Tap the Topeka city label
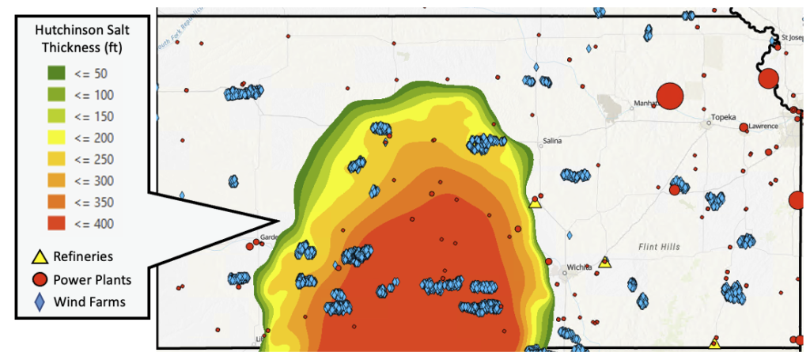[723, 118]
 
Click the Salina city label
[552, 142]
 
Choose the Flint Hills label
[659, 247]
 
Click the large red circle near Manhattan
[670, 96]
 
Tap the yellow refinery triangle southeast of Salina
[535, 203]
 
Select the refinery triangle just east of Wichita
[605, 262]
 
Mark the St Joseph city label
[793, 36]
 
